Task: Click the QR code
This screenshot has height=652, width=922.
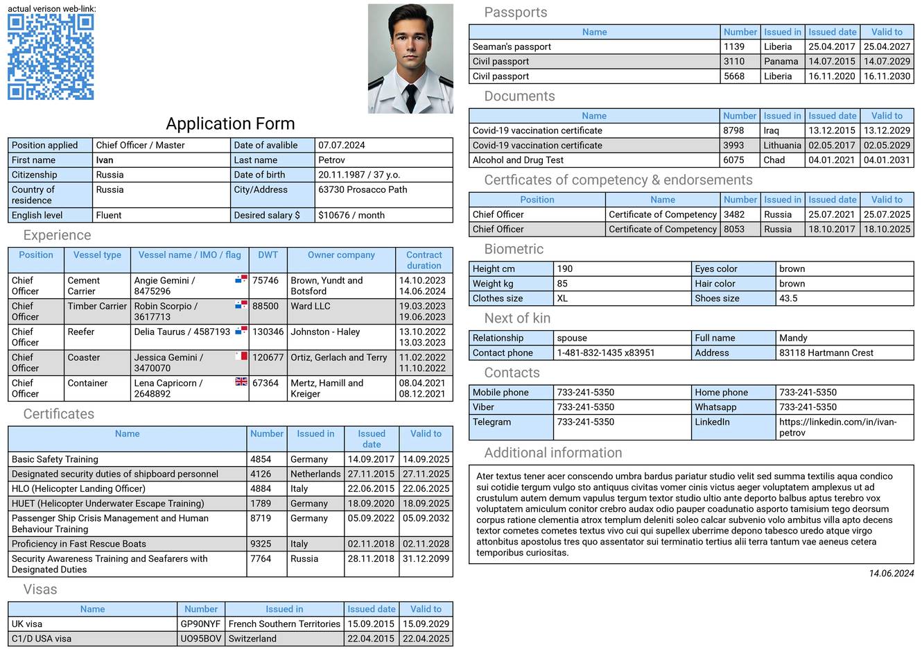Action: [x=51, y=57]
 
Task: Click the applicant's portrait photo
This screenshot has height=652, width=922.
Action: [x=410, y=59]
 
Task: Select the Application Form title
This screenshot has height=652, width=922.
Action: [x=230, y=124]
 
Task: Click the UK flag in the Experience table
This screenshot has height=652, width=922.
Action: [x=241, y=381]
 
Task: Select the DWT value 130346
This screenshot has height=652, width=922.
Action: [x=268, y=332]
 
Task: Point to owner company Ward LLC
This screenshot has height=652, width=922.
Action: [x=311, y=306]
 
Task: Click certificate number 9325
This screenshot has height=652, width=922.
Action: [x=261, y=544]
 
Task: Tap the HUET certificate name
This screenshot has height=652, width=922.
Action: [x=107, y=504]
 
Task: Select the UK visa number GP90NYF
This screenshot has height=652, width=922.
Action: [x=200, y=624]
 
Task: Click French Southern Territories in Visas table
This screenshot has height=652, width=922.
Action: [x=284, y=624]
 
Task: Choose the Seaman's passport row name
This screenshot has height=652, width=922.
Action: [x=512, y=46]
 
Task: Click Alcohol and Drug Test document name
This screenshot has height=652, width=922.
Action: [x=518, y=160]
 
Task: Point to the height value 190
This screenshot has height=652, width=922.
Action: [x=565, y=268]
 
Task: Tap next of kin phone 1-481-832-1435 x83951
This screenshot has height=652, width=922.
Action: [x=605, y=352]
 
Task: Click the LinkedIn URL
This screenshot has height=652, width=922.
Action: [x=837, y=427]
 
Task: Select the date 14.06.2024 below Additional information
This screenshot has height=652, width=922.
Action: [x=891, y=574]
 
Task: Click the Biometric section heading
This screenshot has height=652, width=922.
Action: [x=514, y=249]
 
